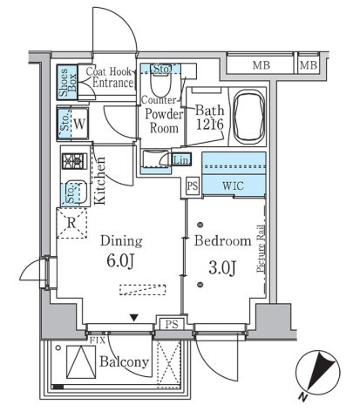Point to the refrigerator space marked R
pos(71,223)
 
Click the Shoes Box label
pos(67,83)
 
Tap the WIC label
pos(233,185)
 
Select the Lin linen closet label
pos(181,159)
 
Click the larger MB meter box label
pos(262,65)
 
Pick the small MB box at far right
pos(309,65)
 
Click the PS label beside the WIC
pos(193,185)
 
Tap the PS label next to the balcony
pos(172,324)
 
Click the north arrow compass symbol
pos(318,373)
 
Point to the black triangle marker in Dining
pos(133,318)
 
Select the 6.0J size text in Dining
pos(120,261)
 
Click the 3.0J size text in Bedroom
pos(222,267)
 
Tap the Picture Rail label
pos(261,248)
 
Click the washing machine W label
pos(79,124)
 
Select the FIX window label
pos(98,340)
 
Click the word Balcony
pos(124,362)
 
